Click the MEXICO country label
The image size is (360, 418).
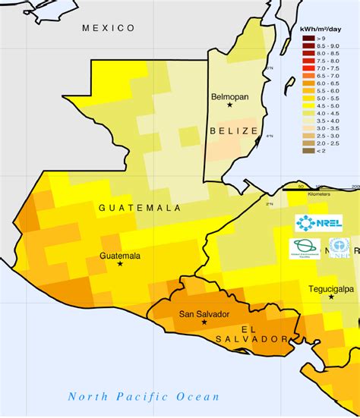tap(108, 28)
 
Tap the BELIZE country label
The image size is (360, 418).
tap(232, 131)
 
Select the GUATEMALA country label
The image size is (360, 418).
tap(139, 207)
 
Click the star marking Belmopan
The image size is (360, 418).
tap(229, 105)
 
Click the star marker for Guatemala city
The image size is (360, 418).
tap(120, 264)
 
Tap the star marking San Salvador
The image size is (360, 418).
tap(204, 322)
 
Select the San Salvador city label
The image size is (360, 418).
tap(204, 313)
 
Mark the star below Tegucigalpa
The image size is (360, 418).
tap(331, 297)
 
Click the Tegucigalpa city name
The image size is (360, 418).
tap(332, 288)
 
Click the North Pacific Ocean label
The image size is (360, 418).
tap(144, 396)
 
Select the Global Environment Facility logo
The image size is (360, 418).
tap(301, 249)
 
